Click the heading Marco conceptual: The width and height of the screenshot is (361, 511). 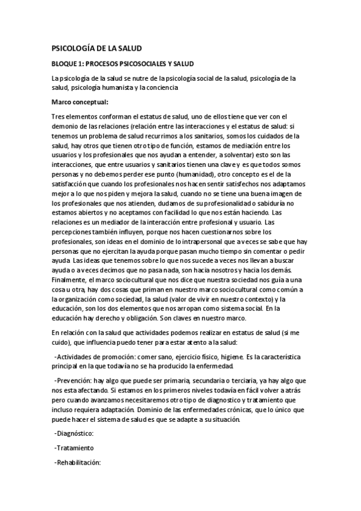point(80,101)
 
